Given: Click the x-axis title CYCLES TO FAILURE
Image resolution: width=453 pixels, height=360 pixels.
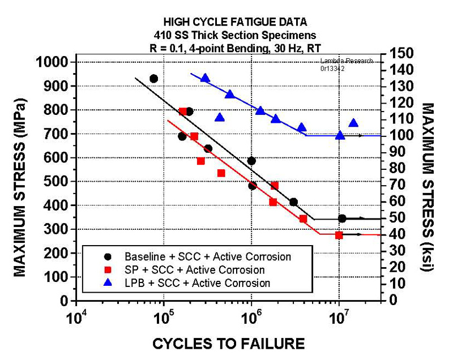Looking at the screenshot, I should pos(230,343).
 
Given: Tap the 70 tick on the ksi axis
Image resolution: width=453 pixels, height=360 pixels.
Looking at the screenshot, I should pos(394,185).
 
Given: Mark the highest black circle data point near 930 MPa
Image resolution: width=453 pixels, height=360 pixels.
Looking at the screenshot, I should pos(153,79).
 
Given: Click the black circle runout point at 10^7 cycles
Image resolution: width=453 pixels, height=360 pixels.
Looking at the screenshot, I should pos(342,218).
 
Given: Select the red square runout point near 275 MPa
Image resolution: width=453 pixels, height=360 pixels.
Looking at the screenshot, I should pos(339,235).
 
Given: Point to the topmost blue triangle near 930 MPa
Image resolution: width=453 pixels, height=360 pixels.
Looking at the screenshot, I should pos(205,78).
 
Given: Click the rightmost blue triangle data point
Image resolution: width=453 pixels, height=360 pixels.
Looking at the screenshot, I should pos(353,123).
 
